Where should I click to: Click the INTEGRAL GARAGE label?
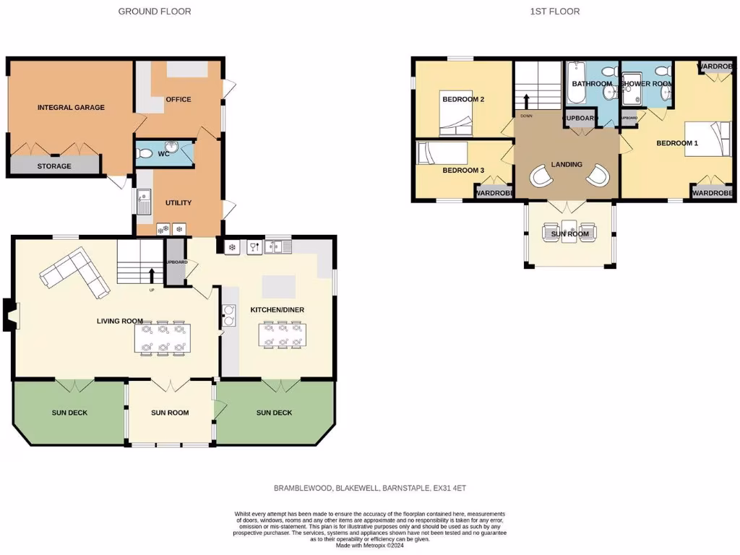pyautogui.click(x=71, y=108)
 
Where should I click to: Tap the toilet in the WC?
pyautogui.click(x=145, y=153)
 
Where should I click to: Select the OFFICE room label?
pyautogui.click(x=178, y=99)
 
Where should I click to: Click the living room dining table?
pyautogui.click(x=163, y=338)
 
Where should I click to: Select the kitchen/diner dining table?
pyautogui.click(x=282, y=335)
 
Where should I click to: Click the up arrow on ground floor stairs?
pyautogui.click(x=152, y=275)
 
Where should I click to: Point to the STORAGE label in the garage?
pyautogui.click(x=55, y=166)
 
